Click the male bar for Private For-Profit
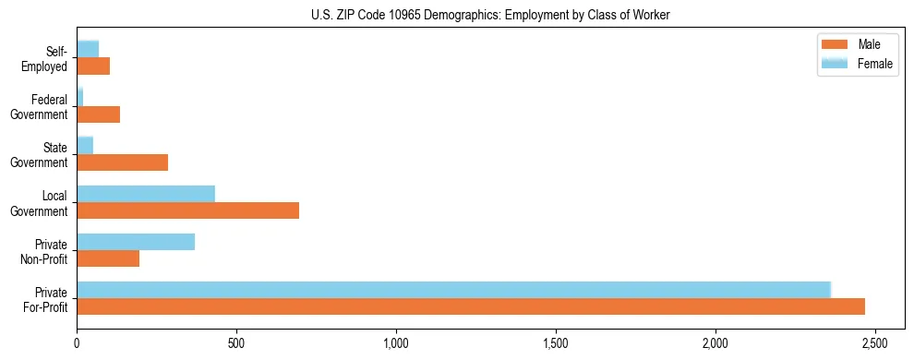[471, 306]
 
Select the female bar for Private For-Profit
[453, 289]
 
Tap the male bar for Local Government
[187, 210]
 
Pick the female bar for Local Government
[146, 194]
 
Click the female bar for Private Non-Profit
[136, 242]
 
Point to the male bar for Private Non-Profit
[108, 258]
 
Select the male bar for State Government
[122, 162]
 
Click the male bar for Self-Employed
[93, 66]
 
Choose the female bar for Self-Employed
[88, 49]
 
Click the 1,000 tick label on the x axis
[396, 342]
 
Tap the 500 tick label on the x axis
[236, 342]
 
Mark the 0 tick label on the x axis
[77, 342]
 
